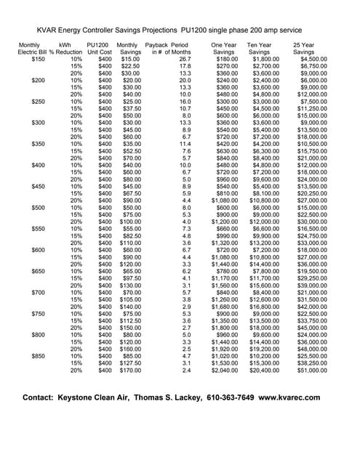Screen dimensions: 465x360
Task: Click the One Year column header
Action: (223, 45)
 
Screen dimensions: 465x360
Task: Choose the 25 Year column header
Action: (304, 45)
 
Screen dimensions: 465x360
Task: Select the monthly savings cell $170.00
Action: (129, 371)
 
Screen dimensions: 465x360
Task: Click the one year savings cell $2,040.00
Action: (223, 371)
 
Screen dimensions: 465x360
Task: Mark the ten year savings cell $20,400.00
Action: (265, 371)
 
